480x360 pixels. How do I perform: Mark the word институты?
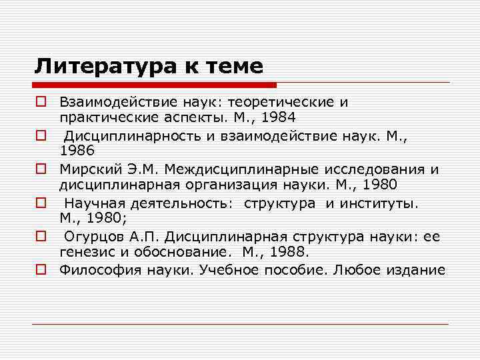point(377,203)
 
